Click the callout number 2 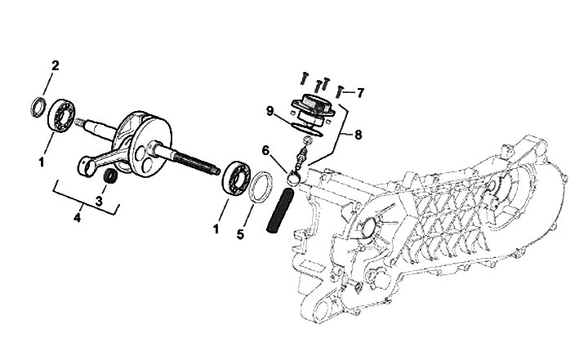tap(56, 66)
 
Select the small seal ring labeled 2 tap(38, 107)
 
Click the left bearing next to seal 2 tap(61, 115)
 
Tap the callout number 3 tap(99, 202)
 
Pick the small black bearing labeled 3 tap(110, 176)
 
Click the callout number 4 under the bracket tap(77, 217)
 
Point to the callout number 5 tap(240, 234)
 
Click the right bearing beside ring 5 tap(236, 178)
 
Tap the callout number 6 tap(265, 151)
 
